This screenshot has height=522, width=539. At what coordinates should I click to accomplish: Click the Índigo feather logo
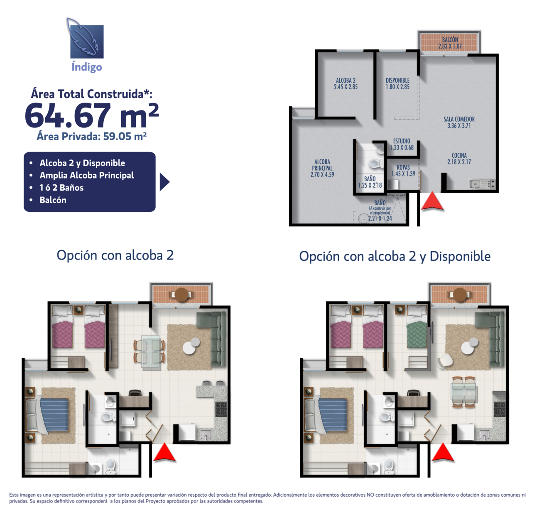[86, 39]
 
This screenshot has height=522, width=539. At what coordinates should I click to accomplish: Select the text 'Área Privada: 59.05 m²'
[92, 136]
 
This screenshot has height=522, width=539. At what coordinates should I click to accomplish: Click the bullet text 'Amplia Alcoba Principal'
[87, 175]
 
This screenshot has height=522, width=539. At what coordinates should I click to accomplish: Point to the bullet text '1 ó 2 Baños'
[61, 188]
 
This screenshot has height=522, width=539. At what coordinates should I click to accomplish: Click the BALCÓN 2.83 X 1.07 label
[450, 43]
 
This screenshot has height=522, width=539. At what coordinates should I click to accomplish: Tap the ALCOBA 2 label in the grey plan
[345, 83]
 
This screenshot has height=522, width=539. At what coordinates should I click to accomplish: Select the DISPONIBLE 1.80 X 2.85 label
[397, 83]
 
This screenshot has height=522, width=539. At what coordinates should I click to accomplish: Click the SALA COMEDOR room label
[459, 122]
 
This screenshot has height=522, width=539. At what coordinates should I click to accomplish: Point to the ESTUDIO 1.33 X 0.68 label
[402, 144]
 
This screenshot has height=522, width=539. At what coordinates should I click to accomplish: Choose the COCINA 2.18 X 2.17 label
[459, 158]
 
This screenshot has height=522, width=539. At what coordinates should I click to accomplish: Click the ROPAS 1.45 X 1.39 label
[403, 170]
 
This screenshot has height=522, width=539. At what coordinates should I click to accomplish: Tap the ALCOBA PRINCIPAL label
[322, 168]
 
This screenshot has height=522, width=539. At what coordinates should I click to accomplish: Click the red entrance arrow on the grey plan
[432, 201]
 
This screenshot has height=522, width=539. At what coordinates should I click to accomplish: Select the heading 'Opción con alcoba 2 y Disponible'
[394, 256]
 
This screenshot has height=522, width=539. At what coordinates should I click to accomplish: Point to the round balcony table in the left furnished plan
[181, 295]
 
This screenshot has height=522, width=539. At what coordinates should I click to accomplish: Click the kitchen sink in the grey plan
[475, 184]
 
